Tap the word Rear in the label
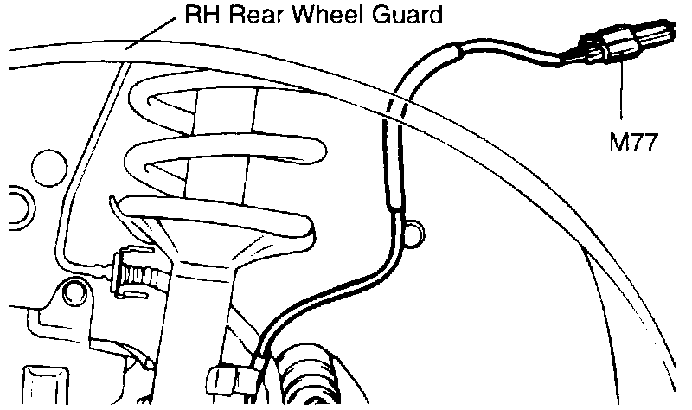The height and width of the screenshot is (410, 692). click(247, 15)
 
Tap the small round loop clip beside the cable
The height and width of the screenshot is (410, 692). click(414, 231)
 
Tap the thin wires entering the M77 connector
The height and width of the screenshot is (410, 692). click(567, 56)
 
